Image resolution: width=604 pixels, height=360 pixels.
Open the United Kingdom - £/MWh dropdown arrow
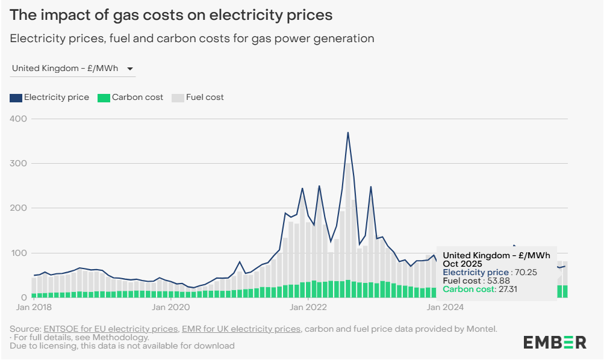130,69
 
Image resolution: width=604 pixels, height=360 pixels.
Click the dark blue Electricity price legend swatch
16,98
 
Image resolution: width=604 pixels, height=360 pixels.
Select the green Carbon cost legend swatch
104,98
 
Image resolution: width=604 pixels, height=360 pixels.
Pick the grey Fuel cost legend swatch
178,98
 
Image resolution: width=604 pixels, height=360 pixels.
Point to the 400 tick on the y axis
19,119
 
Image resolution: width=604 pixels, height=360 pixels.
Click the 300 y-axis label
19,163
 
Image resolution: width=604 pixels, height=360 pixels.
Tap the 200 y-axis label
19,208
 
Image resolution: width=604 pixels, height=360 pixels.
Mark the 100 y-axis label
19,253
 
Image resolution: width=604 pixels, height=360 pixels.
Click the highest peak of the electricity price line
348,132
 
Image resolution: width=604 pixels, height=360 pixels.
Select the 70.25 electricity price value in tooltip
525,273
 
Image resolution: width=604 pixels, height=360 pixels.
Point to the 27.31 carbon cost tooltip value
505,290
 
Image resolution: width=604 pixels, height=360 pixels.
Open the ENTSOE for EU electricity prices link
111,329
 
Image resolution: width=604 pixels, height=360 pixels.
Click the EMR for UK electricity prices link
241,329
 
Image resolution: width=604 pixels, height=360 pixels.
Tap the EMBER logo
554,342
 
